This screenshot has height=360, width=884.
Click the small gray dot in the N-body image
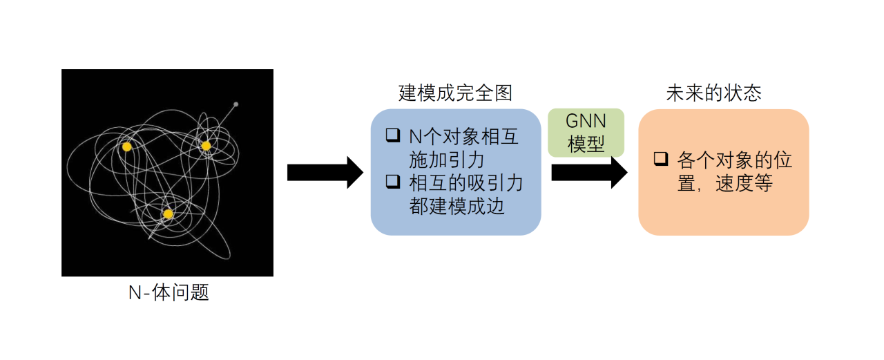pyautogui.click(x=236, y=104)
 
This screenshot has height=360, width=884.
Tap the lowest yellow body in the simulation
pyautogui.click(x=168, y=214)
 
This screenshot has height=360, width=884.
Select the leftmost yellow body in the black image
pyautogui.click(x=126, y=146)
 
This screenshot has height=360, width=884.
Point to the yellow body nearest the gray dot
pyautogui.click(x=206, y=145)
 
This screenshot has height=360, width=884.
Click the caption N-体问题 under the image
pyautogui.click(x=169, y=293)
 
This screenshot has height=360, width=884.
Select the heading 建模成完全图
pyautogui.click(x=456, y=93)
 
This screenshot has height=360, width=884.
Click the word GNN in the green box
pyautogui.click(x=586, y=122)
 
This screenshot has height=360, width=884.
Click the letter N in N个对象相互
pyautogui.click(x=414, y=137)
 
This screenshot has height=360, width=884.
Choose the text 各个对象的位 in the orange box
pyautogui.click(x=735, y=160)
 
